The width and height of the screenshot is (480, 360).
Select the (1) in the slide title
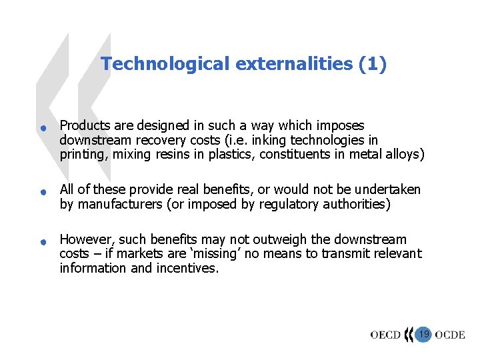click(372, 64)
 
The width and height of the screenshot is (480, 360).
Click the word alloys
click(406, 155)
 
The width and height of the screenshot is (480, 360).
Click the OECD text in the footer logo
click(385, 335)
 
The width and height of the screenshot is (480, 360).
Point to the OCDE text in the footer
click(450, 335)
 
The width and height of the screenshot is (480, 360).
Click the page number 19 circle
click(423, 333)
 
